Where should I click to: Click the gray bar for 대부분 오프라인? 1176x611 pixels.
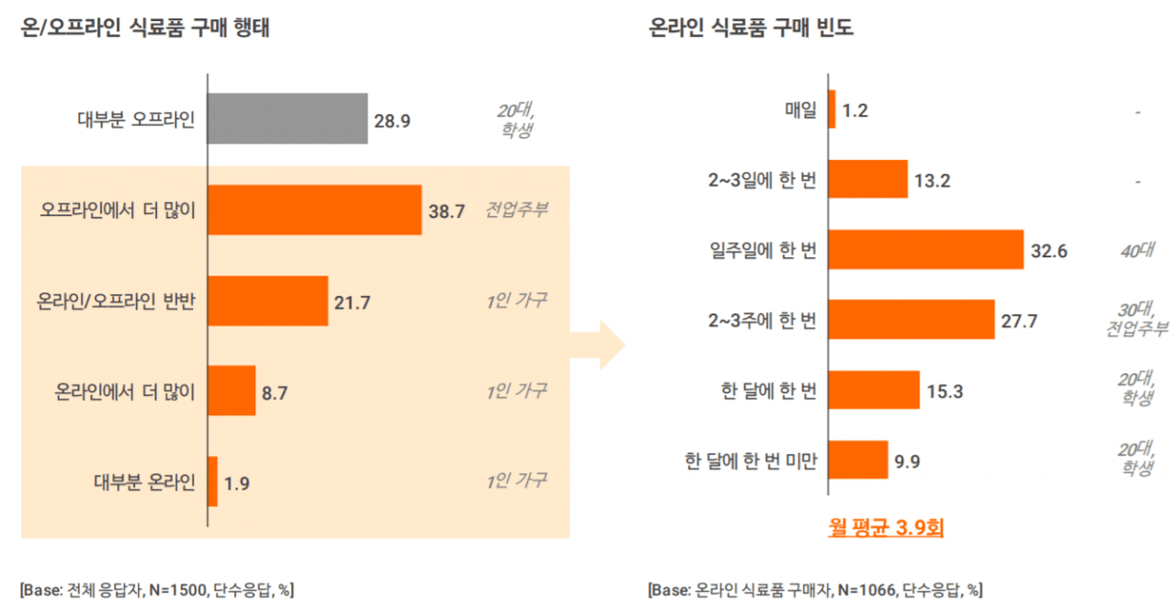tap(288, 119)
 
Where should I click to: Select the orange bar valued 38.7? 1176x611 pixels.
tap(314, 209)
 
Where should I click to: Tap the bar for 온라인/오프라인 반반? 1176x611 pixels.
tap(267, 300)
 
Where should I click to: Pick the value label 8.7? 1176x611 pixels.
tap(275, 392)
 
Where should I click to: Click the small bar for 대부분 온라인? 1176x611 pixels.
tap(213, 481)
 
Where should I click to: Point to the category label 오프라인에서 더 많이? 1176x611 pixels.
tap(118, 210)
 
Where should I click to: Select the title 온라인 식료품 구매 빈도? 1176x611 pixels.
tap(751, 28)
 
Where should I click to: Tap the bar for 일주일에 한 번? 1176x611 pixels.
tap(925, 249)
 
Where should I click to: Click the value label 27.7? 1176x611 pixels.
tap(1019, 321)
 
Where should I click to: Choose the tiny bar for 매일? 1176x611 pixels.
tap(831, 109)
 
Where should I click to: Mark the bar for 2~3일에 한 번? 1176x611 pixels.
tap(867, 179)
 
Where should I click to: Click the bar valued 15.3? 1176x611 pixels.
tap(873, 390)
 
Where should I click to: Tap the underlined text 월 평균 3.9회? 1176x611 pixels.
tap(887, 528)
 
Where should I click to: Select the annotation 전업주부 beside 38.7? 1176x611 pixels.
tap(517, 209)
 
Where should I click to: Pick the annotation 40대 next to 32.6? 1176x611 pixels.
tap(1136, 249)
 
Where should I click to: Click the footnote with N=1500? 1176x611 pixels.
tap(156, 589)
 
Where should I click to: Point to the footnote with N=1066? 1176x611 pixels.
tap(814, 589)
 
